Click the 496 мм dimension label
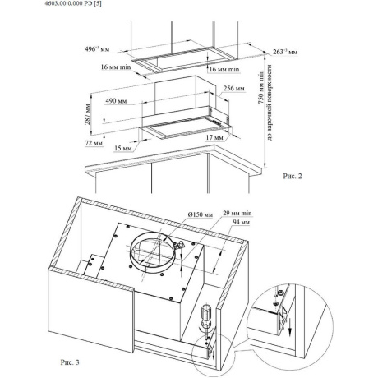point(97,49)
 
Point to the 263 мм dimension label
point(285,52)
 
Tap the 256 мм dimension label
point(234,88)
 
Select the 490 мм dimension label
point(116,101)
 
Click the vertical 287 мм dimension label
point(87,114)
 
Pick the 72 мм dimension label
point(94,143)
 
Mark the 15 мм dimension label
point(123,148)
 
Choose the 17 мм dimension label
point(214,137)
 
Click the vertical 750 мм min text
point(260,87)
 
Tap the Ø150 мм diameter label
point(201,214)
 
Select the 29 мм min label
point(237,213)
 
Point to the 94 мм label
point(242,222)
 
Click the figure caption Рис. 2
point(293,176)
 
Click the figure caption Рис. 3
point(70,362)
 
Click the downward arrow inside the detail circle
point(290,325)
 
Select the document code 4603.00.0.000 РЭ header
point(73,3)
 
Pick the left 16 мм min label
point(116,67)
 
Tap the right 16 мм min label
point(224,69)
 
